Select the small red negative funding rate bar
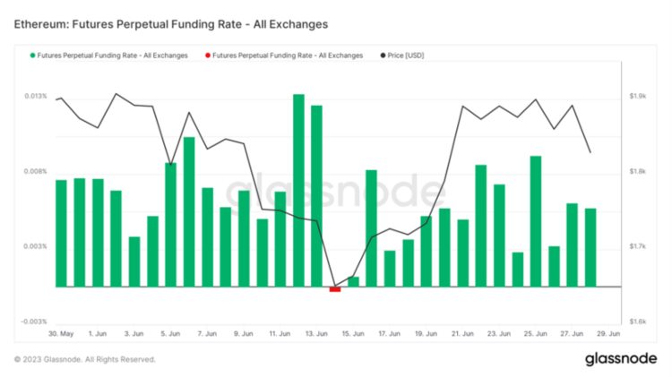(335, 288)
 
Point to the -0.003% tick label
(35, 321)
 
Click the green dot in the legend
(31, 56)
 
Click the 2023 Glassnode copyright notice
(85, 359)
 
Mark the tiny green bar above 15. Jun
(353, 282)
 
